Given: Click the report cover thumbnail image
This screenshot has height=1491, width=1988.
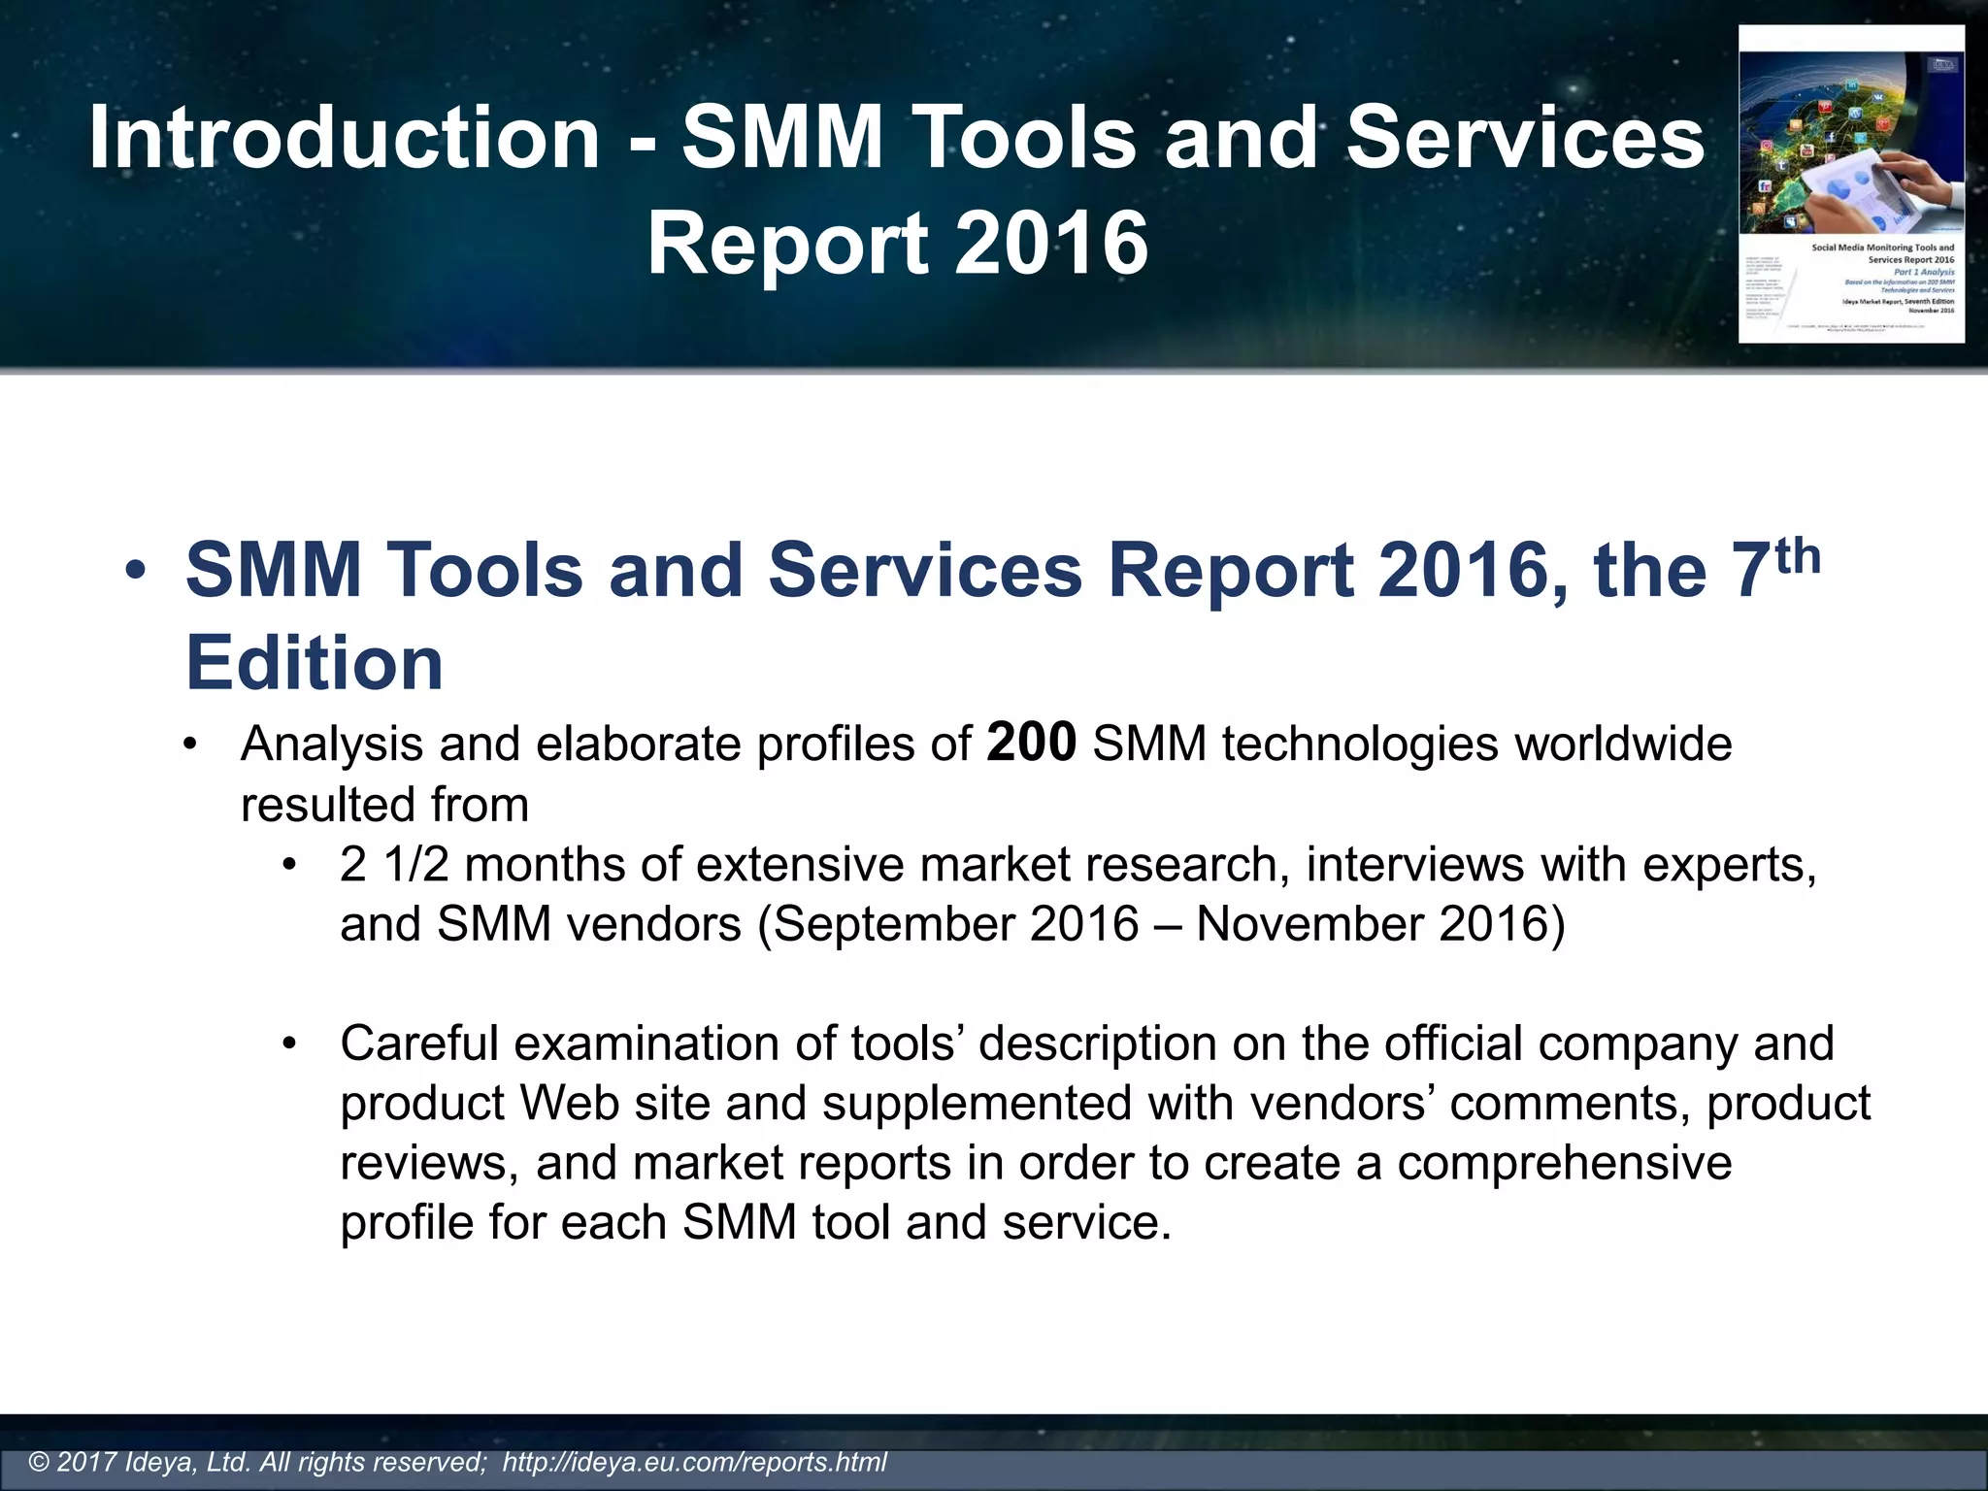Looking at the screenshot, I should tap(1851, 183).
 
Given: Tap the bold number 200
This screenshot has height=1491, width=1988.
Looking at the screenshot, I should tap(1031, 743).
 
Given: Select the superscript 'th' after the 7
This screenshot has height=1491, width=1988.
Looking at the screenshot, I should tap(1793, 557).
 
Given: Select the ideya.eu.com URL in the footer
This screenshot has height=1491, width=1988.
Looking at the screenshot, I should tap(694, 1462).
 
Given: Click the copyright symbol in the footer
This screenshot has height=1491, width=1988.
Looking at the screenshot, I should tap(40, 1462).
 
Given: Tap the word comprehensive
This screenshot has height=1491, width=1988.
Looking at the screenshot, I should tap(1564, 1163).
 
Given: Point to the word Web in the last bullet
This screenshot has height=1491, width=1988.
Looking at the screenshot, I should tap(570, 1104).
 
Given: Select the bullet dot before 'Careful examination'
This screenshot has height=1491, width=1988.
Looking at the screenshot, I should tap(288, 1044).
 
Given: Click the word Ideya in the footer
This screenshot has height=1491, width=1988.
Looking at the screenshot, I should tap(161, 1462).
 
